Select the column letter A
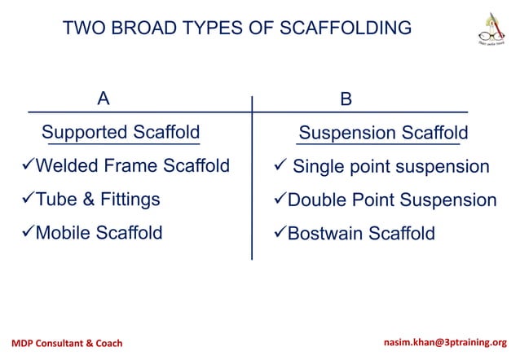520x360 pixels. (x=103, y=99)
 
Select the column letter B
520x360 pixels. (x=346, y=99)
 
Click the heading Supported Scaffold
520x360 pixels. (x=121, y=132)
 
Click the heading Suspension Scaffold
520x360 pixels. (x=383, y=133)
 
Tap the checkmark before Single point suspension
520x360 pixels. (x=280, y=168)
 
